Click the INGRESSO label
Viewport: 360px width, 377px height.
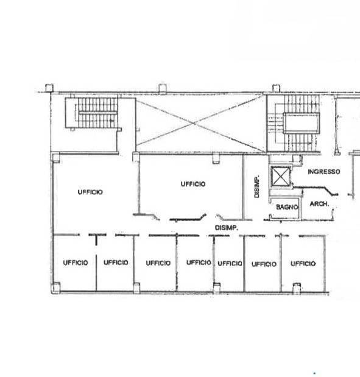pyautogui.click(x=324, y=172)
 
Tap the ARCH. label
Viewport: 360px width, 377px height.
pyautogui.click(x=319, y=204)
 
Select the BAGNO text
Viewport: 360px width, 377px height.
pyautogui.click(x=287, y=207)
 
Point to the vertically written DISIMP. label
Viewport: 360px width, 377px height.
pyautogui.click(x=257, y=186)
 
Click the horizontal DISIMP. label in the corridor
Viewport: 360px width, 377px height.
pyautogui.click(x=227, y=228)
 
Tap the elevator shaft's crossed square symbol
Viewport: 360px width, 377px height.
pyautogui.click(x=280, y=176)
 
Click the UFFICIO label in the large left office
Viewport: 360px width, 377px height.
pyautogui.click(x=90, y=192)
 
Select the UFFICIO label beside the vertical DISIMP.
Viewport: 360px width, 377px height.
pyautogui.click(x=193, y=184)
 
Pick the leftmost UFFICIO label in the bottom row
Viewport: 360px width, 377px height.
pyautogui.click(x=76, y=262)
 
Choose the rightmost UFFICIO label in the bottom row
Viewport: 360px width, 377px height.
pyautogui.click(x=303, y=264)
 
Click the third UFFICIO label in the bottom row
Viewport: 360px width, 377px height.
pyautogui.click(x=158, y=263)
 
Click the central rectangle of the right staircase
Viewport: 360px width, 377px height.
pyautogui.click(x=302, y=123)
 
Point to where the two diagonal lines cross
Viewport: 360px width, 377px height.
pyautogui.click(x=194, y=124)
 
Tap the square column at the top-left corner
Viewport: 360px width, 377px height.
pyautogui.click(x=49, y=88)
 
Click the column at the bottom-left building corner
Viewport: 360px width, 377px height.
pyautogui.click(x=55, y=287)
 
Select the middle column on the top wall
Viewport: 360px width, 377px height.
pyautogui.click(x=162, y=88)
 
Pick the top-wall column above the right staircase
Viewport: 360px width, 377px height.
pyautogui.click(x=276, y=88)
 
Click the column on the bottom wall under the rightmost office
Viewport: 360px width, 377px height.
pyautogui.click(x=297, y=288)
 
